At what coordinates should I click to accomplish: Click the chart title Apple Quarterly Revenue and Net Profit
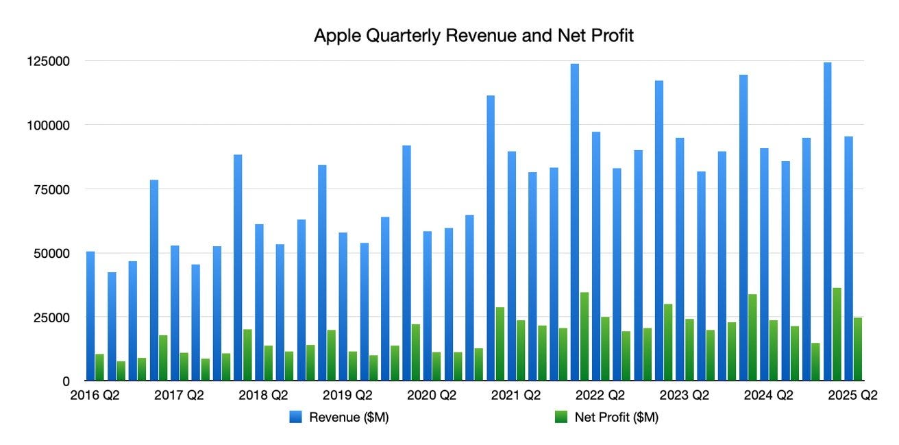pyautogui.click(x=473, y=36)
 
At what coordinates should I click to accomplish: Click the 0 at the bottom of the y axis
pyautogui.click(x=66, y=381)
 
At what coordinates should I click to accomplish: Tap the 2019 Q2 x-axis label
pyautogui.click(x=347, y=396)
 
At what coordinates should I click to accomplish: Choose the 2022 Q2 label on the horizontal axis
pyautogui.click(x=600, y=396)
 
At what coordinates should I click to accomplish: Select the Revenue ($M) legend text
pyautogui.click(x=349, y=417)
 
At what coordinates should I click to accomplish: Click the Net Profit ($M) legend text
pyautogui.click(x=616, y=417)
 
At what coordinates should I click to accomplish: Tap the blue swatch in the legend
pyautogui.click(x=295, y=417)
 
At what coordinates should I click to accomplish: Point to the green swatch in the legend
pyautogui.click(x=561, y=417)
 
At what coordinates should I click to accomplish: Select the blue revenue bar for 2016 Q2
pyautogui.click(x=90, y=315)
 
